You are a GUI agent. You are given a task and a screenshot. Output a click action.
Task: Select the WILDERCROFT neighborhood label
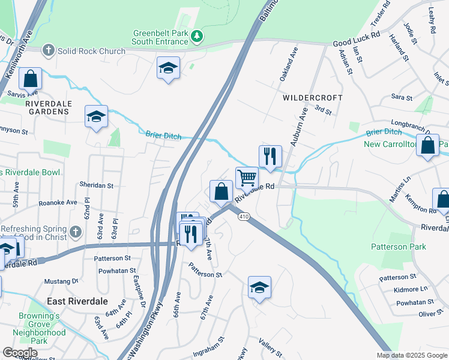313,97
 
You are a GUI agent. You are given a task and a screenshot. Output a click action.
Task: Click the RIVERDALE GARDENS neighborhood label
49,107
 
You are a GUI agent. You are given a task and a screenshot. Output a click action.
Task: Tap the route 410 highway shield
243,216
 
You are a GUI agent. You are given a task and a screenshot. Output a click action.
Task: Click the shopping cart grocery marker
247,178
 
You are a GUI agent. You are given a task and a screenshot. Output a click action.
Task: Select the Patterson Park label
399,247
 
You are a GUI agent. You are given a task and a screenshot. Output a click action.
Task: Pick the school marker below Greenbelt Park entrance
168,68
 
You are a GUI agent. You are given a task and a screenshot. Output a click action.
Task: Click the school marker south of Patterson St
259,288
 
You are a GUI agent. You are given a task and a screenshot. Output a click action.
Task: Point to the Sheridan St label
97,185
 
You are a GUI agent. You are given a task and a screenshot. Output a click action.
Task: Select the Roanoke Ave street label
58,202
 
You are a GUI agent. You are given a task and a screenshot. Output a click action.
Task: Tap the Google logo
20,352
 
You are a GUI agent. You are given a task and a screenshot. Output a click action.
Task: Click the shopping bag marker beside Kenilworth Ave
30,79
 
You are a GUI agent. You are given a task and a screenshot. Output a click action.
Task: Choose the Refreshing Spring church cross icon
76,231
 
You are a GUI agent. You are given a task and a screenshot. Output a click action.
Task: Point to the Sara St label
402,97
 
